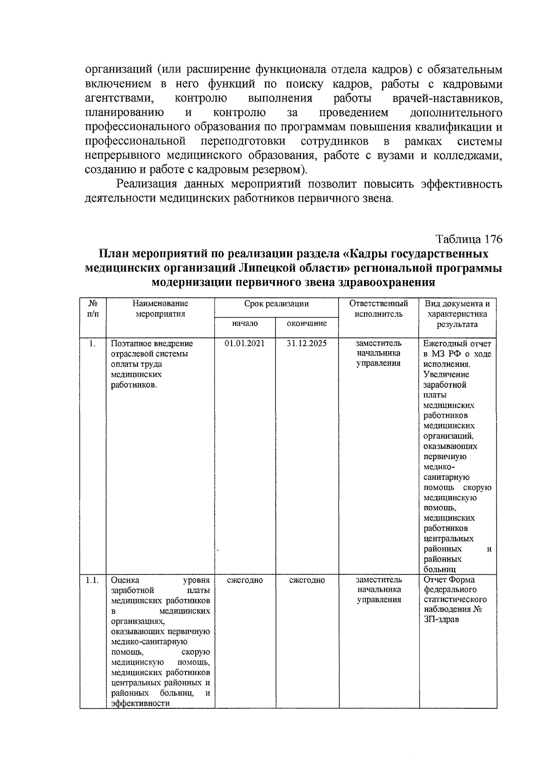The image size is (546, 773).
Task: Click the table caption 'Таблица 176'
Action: [x=469, y=239]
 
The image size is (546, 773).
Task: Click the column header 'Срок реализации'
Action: [x=276, y=304]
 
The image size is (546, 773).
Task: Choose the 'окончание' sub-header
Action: [x=307, y=323]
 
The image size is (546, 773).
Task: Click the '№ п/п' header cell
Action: [x=92, y=308]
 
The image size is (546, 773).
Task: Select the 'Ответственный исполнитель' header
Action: [x=379, y=308]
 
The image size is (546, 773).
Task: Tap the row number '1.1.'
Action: [x=92, y=580]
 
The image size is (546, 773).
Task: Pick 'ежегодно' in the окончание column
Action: [x=307, y=580]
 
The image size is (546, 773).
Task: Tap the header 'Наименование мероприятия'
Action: [x=160, y=308]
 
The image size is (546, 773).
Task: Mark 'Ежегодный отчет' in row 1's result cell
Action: [x=457, y=343]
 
